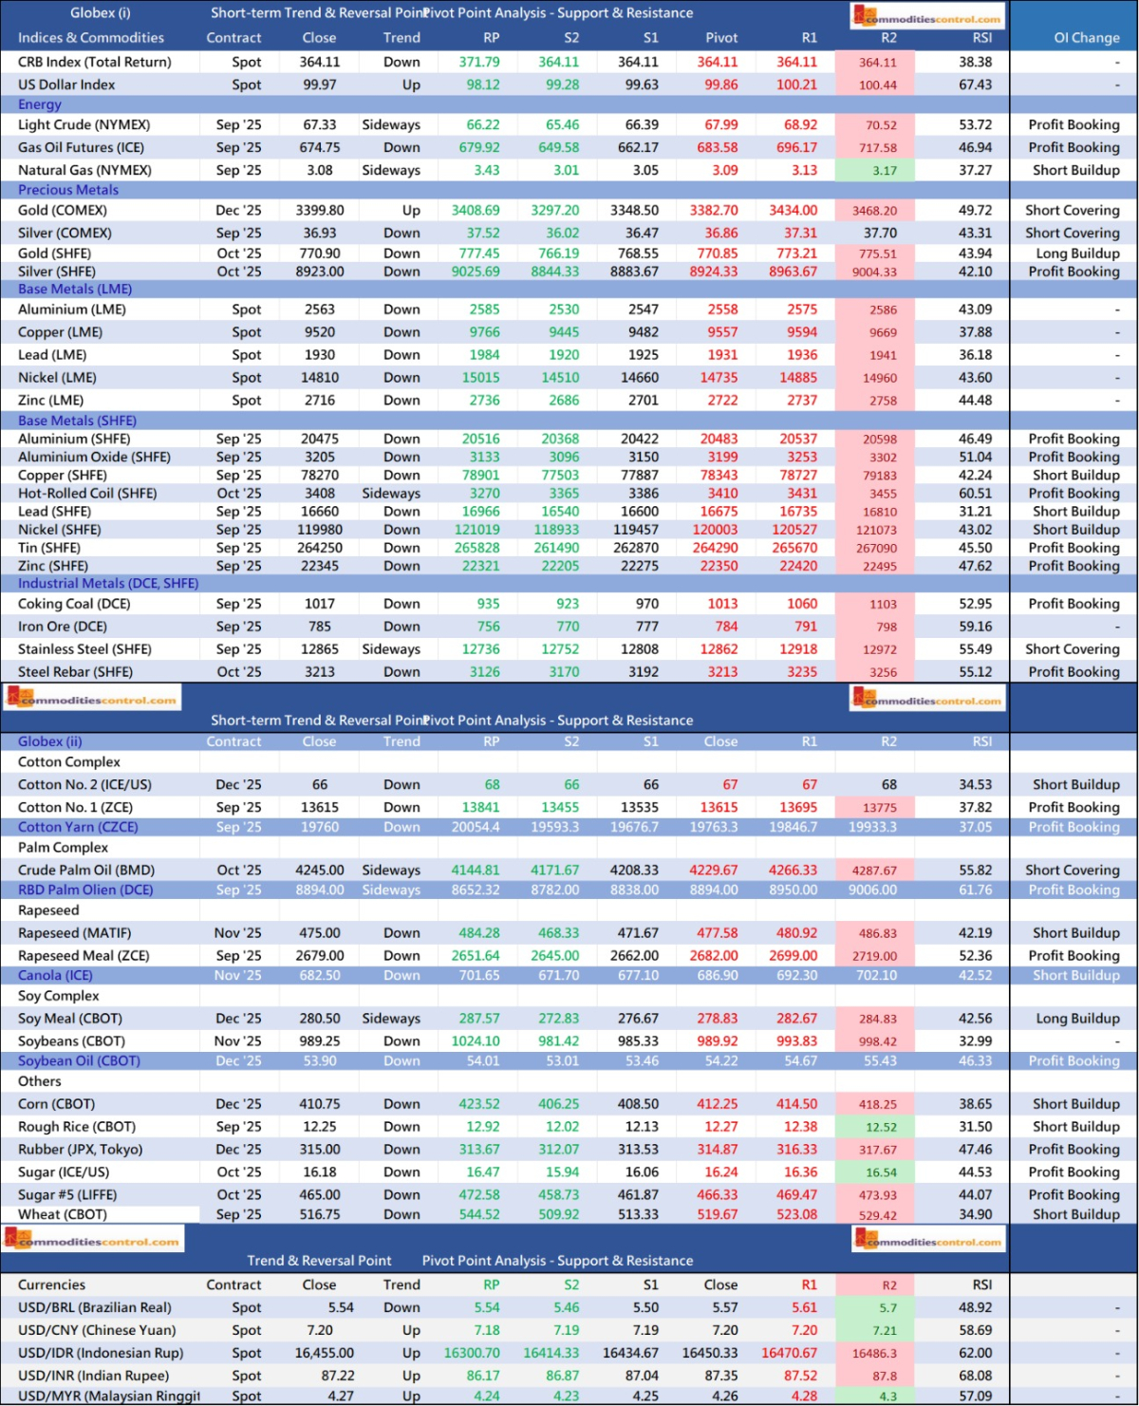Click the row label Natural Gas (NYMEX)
coord(84,170)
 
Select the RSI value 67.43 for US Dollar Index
coord(975,84)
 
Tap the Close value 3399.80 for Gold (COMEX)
coord(320,211)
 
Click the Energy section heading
coord(40,104)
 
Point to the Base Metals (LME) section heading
coord(75,289)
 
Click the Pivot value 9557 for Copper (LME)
coord(722,332)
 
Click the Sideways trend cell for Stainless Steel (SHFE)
coord(391,649)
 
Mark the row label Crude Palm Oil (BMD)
coord(86,870)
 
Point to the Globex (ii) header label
coord(50,741)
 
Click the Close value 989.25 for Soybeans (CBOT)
coord(320,1041)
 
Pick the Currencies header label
coord(51,1284)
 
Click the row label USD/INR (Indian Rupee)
coord(93,1376)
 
